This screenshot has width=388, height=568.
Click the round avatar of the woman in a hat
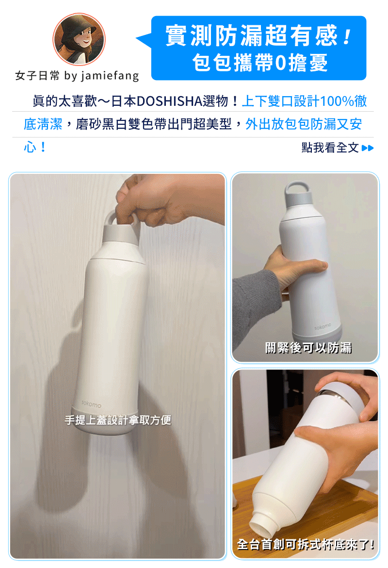click(x=79, y=39)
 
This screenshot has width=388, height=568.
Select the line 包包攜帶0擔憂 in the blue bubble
click(x=260, y=62)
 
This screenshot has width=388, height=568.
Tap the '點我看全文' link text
click(x=330, y=148)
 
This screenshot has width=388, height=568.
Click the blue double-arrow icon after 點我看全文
click(x=367, y=148)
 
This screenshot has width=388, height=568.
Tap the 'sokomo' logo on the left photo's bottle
click(x=91, y=403)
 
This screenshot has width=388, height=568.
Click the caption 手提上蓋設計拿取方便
click(x=118, y=420)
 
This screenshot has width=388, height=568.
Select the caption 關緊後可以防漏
click(x=308, y=348)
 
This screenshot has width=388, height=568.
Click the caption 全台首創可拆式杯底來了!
click(x=306, y=544)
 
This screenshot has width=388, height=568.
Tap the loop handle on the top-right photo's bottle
click(x=297, y=188)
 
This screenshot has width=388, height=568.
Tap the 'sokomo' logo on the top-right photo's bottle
click(x=323, y=327)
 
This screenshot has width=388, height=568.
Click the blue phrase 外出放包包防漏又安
click(x=304, y=124)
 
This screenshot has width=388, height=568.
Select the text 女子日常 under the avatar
click(x=37, y=75)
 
